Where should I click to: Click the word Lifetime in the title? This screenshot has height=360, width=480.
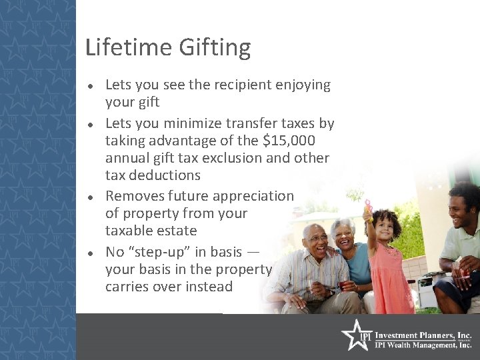tap(129, 47)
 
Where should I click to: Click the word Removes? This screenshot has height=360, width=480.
tap(131, 196)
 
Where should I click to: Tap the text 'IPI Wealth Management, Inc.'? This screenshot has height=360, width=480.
tap(423, 345)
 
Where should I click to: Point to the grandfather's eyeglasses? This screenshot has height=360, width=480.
tap(318, 239)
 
